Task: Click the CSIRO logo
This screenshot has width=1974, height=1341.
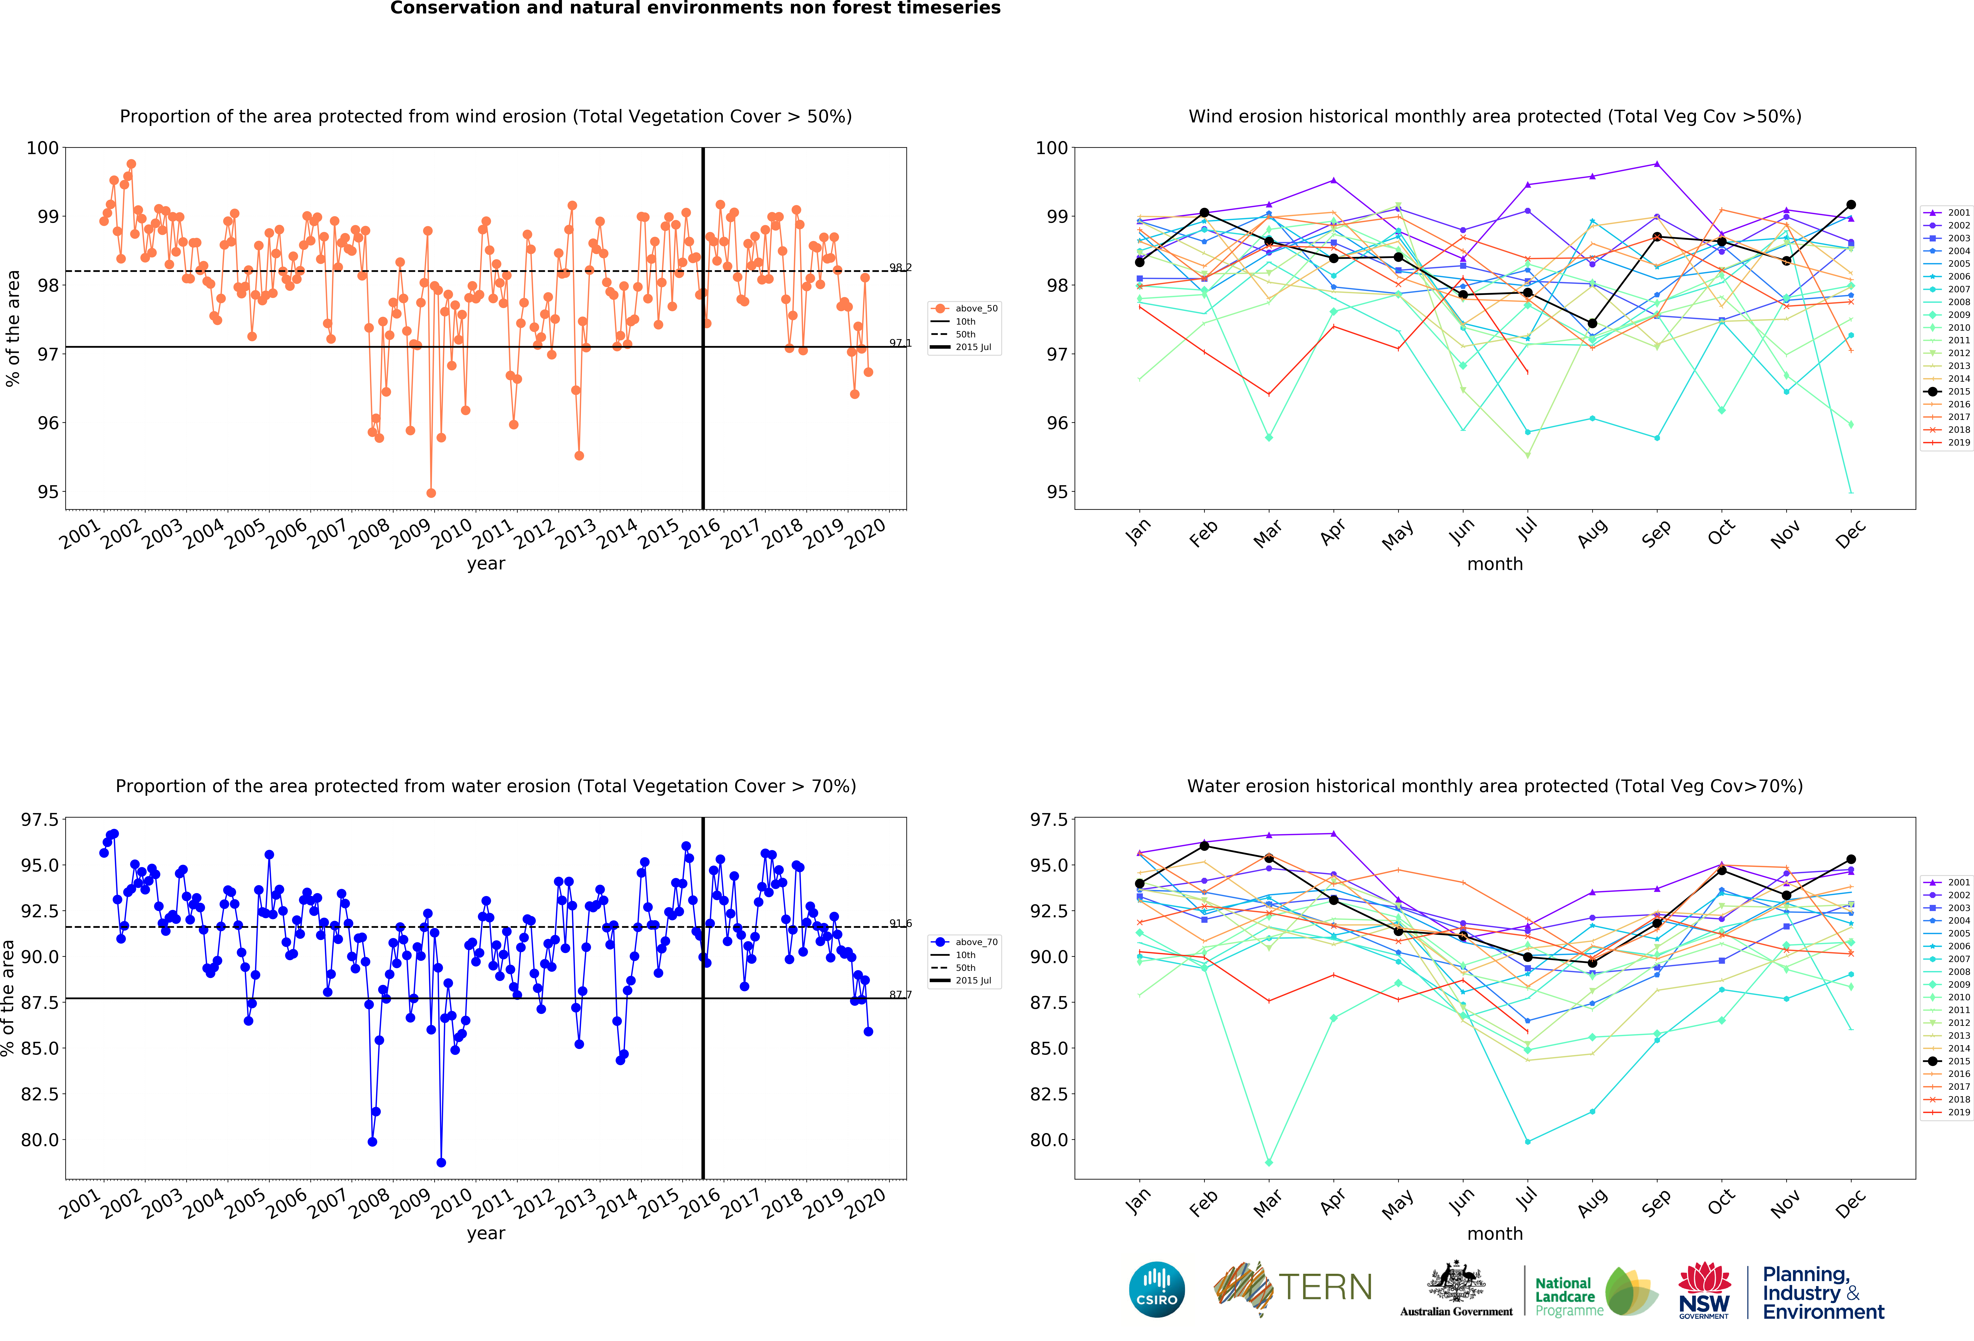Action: (x=1157, y=1289)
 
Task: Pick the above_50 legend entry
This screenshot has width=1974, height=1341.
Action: (x=964, y=309)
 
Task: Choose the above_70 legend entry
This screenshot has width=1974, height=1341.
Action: (x=964, y=942)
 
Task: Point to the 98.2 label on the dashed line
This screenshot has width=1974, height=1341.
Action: (x=900, y=267)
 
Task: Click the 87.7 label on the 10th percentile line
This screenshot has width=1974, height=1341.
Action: (x=900, y=995)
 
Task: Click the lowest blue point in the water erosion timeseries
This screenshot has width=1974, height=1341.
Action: (x=441, y=1163)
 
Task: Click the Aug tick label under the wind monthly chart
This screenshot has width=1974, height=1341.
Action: (x=1593, y=532)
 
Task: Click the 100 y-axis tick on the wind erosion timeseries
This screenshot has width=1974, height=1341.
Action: (x=42, y=148)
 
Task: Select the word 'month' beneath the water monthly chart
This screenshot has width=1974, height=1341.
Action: (x=1495, y=1233)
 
